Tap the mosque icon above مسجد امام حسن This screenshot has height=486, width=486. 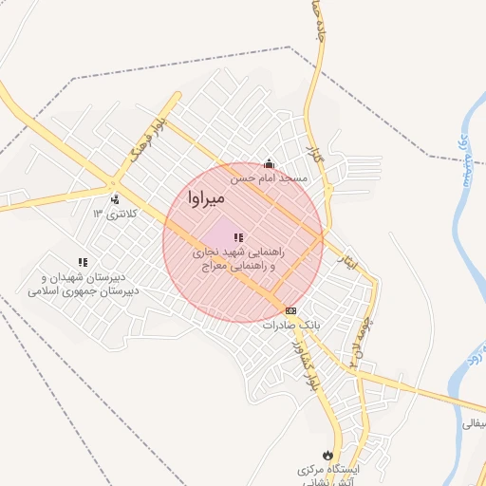269,163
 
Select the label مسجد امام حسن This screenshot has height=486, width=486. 271,178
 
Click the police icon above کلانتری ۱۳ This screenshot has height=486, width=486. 115,199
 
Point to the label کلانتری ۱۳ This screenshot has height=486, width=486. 115,214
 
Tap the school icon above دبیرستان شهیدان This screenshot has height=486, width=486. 83,261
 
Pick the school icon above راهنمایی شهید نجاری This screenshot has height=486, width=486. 238,237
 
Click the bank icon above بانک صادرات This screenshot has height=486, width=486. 290,310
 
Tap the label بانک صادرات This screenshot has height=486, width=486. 293,325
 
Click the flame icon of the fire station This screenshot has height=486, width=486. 328,455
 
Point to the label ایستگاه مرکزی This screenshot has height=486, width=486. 327,470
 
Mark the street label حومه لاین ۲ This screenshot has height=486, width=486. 360,337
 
